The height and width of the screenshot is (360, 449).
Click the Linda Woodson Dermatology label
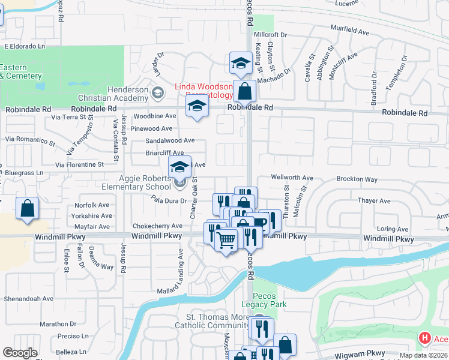(x=203, y=91)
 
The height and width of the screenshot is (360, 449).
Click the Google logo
(x=20, y=353)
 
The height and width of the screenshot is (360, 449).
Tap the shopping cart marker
(x=226, y=240)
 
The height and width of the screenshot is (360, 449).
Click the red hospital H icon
(x=425, y=339)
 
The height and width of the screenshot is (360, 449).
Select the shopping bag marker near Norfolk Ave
(x=27, y=209)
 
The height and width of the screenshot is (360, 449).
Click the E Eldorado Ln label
(x=25, y=46)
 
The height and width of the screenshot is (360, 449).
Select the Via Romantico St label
(x=30, y=140)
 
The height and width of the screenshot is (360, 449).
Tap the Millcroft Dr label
(x=271, y=35)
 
